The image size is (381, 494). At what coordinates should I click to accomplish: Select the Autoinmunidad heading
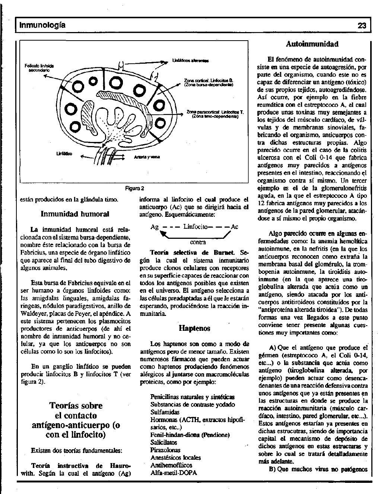312,44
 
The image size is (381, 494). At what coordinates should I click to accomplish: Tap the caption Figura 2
134,188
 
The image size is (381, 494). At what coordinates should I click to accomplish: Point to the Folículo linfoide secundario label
39,67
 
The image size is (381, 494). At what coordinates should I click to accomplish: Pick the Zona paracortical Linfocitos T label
215,114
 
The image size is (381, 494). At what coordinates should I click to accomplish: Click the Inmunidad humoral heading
75,214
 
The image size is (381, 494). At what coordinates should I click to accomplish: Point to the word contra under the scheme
198,242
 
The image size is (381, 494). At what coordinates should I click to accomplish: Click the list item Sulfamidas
165,412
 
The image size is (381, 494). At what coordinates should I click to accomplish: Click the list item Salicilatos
164,443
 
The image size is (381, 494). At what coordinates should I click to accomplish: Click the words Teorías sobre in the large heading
76,405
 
